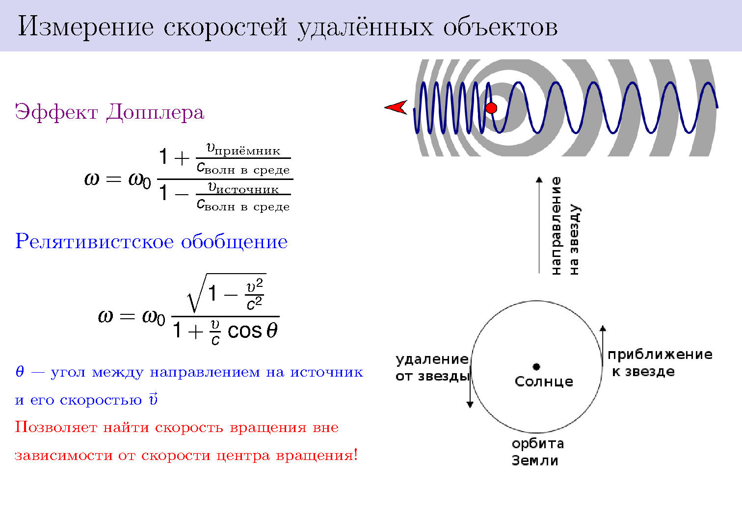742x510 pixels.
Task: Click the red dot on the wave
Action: [491, 108]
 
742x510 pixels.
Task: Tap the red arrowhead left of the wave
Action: [396, 107]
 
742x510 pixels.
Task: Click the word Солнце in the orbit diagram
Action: [544, 382]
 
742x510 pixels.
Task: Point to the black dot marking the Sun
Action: [536, 366]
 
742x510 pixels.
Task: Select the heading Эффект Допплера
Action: [109, 112]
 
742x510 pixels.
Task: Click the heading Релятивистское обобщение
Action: [151, 241]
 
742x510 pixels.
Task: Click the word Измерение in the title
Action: [86, 27]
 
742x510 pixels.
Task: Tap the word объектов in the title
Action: [501, 27]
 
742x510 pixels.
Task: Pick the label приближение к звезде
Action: [660, 363]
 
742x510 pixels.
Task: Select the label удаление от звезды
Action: [433, 368]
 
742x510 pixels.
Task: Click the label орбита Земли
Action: [537, 452]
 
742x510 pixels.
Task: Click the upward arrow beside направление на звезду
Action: [539, 225]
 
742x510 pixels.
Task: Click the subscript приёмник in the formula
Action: [247, 151]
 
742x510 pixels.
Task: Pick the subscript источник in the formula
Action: [247, 190]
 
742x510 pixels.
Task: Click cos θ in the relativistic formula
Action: [252, 331]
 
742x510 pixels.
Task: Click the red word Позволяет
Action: [56, 427]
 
